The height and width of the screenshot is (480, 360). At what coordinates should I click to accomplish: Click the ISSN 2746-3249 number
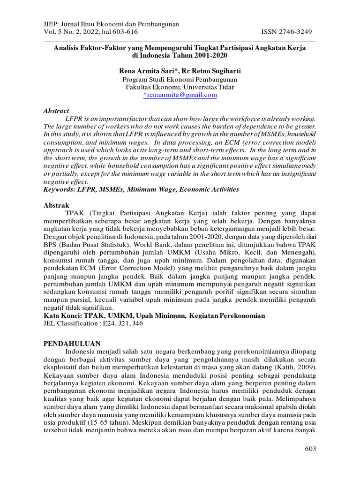coord(286,31)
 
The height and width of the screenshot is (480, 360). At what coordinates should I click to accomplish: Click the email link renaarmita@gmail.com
coord(181,95)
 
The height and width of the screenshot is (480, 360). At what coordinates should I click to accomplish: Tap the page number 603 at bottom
coord(310,449)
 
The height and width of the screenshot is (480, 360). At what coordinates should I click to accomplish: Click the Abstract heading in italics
coord(56,111)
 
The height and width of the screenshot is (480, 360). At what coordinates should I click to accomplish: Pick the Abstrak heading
coord(56,205)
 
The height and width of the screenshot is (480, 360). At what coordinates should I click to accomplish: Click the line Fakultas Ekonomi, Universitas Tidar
coord(180,87)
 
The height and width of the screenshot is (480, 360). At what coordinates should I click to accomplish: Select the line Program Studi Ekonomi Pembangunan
coord(180,79)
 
